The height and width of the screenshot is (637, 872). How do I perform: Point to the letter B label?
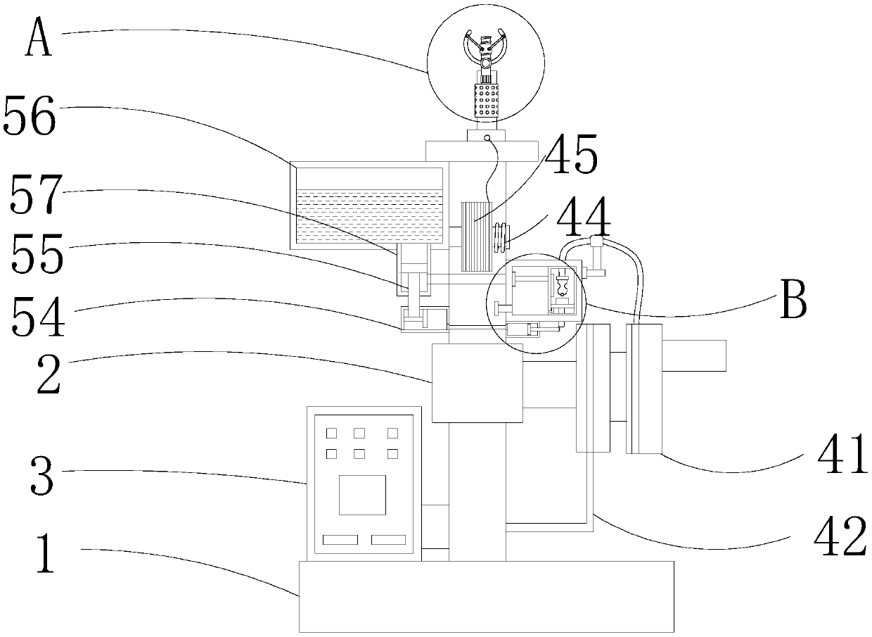(x=793, y=301)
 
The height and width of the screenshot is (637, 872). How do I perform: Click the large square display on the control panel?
(x=362, y=494)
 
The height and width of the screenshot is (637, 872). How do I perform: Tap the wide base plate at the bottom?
(x=486, y=596)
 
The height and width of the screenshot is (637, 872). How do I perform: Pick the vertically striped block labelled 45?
(x=476, y=236)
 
